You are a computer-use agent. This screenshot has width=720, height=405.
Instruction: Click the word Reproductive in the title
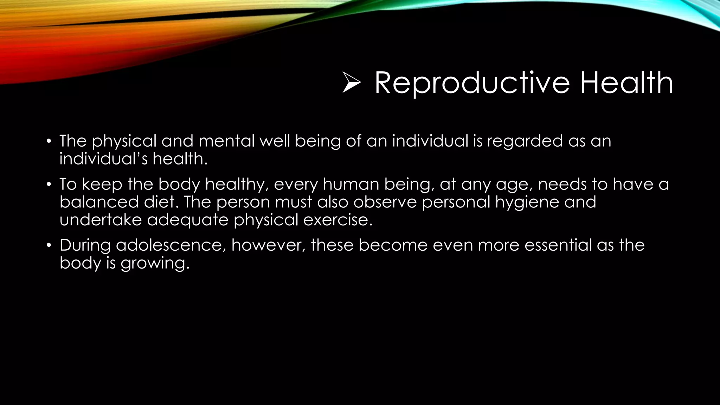472,83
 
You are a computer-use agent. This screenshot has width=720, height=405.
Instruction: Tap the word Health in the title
626,83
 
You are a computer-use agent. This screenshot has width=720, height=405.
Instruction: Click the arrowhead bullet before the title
352,83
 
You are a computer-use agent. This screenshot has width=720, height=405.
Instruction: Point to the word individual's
103,159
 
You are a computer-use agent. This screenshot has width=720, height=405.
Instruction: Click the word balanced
99,202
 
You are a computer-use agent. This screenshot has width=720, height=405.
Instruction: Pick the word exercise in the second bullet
337,220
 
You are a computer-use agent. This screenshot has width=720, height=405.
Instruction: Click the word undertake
101,220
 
